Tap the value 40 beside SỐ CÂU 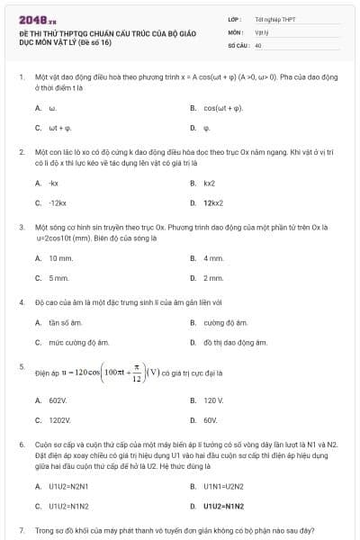(258, 44)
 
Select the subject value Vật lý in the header (262, 31)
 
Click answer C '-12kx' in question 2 (58, 203)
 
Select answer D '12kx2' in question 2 (213, 203)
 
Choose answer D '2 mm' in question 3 (213, 278)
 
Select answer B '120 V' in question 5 (213, 400)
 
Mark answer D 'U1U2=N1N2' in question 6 (223, 506)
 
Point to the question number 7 (21, 531)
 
